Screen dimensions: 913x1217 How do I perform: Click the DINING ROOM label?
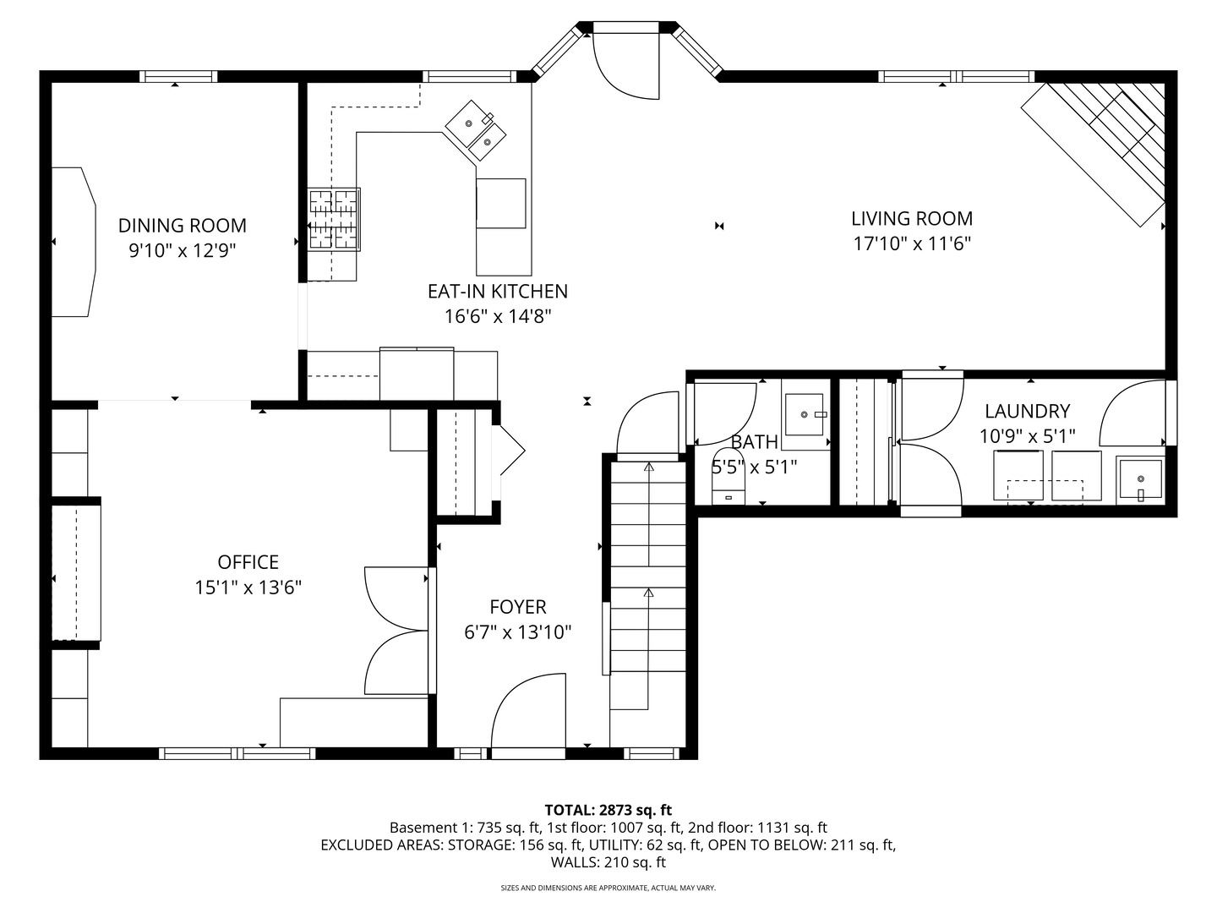[x=182, y=226]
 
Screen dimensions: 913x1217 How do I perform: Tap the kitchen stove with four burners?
[x=334, y=219]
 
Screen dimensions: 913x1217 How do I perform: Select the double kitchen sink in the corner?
[x=477, y=130]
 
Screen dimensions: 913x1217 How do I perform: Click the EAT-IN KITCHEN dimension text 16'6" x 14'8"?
[x=498, y=317]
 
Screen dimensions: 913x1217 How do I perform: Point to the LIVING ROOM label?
[x=911, y=219]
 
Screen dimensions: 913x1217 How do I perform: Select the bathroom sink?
[x=804, y=414]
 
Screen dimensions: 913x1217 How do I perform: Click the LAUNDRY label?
[x=1027, y=412]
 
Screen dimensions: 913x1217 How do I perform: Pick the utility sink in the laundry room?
[x=1139, y=479]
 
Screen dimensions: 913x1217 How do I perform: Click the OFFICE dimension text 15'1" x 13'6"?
[x=248, y=588]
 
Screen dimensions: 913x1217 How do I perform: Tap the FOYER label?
[x=517, y=607]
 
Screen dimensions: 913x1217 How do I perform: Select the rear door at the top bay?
[x=625, y=63]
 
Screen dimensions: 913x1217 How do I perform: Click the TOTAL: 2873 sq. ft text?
[x=608, y=810]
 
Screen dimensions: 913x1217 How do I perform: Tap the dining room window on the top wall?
[x=177, y=76]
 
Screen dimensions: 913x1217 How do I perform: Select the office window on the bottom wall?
[x=237, y=753]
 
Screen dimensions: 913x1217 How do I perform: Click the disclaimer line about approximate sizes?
[x=608, y=888]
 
